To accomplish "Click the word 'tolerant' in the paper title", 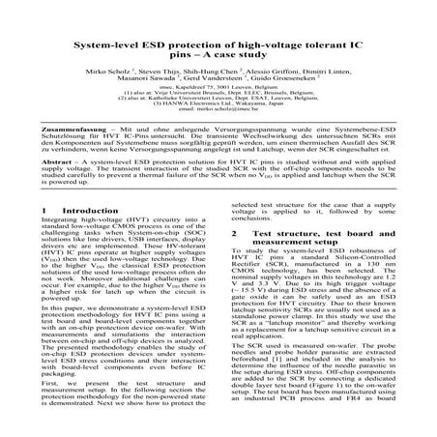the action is (319, 44).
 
